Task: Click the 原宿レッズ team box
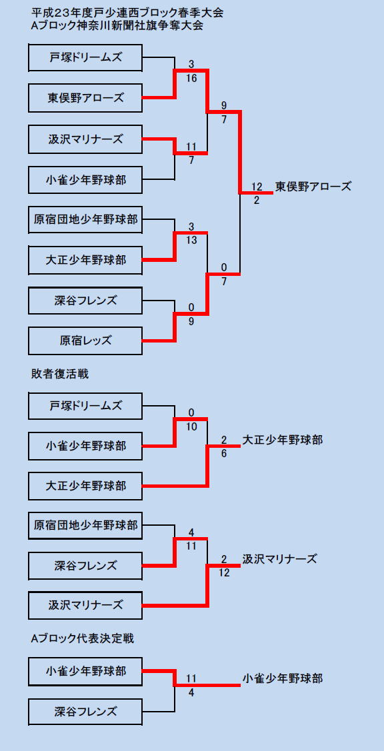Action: [85, 341]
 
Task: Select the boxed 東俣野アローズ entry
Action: [85, 98]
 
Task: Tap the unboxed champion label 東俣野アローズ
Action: [313, 186]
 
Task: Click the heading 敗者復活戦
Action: [60, 374]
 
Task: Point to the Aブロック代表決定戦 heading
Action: [82, 638]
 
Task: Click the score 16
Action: [191, 79]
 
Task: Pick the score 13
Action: [191, 241]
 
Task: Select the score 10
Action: [191, 426]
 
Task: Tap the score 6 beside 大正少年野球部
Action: [224, 454]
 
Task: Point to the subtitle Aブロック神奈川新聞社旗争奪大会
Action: [117, 26]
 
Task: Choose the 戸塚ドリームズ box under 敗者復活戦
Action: [85, 406]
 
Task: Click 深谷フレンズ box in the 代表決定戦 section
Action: [85, 711]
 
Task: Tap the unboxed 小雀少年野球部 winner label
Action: [283, 678]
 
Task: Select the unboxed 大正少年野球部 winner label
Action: [283, 440]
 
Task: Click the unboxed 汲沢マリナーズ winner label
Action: [279, 558]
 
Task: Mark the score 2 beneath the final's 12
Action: [257, 201]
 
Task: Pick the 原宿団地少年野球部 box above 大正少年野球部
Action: [85, 219]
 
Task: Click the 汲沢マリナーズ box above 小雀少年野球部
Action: [85, 139]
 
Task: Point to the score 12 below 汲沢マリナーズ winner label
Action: [224, 572]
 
